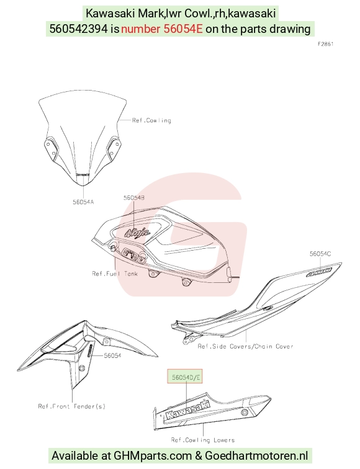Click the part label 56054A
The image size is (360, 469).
click(83, 202)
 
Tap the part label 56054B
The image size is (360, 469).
click(134, 198)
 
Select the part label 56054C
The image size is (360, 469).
click(320, 254)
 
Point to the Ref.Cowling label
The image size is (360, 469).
click(151, 120)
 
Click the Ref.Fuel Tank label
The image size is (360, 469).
click(115, 274)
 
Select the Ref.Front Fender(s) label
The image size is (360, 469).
click(72, 406)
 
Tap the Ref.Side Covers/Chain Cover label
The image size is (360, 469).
click(245, 346)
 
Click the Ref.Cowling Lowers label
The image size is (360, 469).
click(203, 440)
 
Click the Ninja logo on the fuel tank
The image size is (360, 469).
click(137, 233)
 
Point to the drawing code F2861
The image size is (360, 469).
click(326, 44)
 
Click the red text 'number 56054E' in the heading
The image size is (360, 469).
click(162, 29)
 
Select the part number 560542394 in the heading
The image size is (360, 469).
click(78, 29)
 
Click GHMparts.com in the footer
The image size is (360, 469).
click(153, 456)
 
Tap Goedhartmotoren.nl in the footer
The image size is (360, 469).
click(256, 456)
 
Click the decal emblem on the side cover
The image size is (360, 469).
click(319, 272)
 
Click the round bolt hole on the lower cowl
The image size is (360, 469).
click(244, 413)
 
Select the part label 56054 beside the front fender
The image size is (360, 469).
click(112, 355)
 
